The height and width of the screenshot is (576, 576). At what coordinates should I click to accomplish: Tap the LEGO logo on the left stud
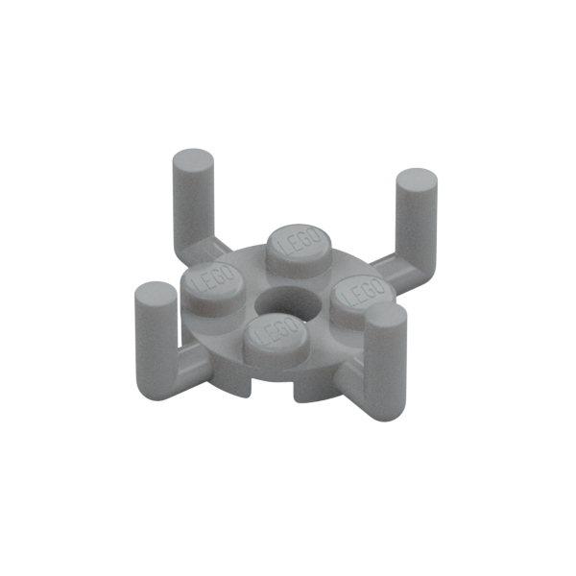coord(213,280)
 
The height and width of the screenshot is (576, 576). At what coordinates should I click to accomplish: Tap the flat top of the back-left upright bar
coord(193,159)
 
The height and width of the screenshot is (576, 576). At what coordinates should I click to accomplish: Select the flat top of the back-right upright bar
coord(418,179)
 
